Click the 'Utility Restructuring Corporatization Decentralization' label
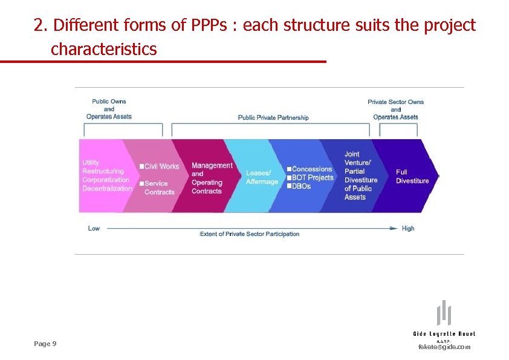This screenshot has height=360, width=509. [106, 175]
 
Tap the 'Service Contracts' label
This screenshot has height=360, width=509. [159, 188]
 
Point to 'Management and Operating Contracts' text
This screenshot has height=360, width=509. [211, 178]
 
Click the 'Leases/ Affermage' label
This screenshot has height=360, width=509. [262, 177]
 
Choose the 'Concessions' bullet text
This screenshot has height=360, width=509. [311, 169]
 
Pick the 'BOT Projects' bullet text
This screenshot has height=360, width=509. [312, 177]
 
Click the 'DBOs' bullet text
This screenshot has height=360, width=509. [301, 186]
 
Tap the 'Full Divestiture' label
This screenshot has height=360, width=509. [412, 176]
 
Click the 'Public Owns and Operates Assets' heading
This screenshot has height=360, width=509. [109, 109]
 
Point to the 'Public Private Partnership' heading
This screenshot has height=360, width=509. [273, 117]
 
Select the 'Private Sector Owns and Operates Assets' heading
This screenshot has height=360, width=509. [395, 110]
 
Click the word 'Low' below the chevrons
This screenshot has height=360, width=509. [94, 228]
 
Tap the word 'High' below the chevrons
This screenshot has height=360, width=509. [408, 228]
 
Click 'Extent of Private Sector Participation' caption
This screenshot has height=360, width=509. [249, 234]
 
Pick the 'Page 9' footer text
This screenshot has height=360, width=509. [45, 344]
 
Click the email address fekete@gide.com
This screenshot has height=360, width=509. [444, 347]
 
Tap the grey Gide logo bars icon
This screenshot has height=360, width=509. [444, 313]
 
